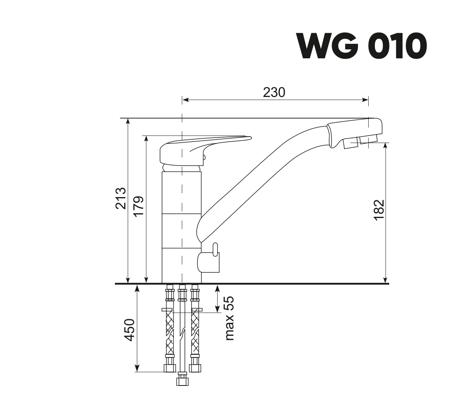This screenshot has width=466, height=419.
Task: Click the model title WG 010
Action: tap(362, 46)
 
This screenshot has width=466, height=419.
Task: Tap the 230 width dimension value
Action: tap(274, 92)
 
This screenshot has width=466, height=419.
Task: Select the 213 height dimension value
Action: tap(121, 198)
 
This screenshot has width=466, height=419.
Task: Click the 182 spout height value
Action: tap(379, 210)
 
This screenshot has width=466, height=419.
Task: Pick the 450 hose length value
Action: tap(130, 330)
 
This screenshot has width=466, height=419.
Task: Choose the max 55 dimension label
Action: tap(229, 318)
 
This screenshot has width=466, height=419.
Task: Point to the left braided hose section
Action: tap(170, 333)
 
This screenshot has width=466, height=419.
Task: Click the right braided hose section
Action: tap(195, 333)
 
